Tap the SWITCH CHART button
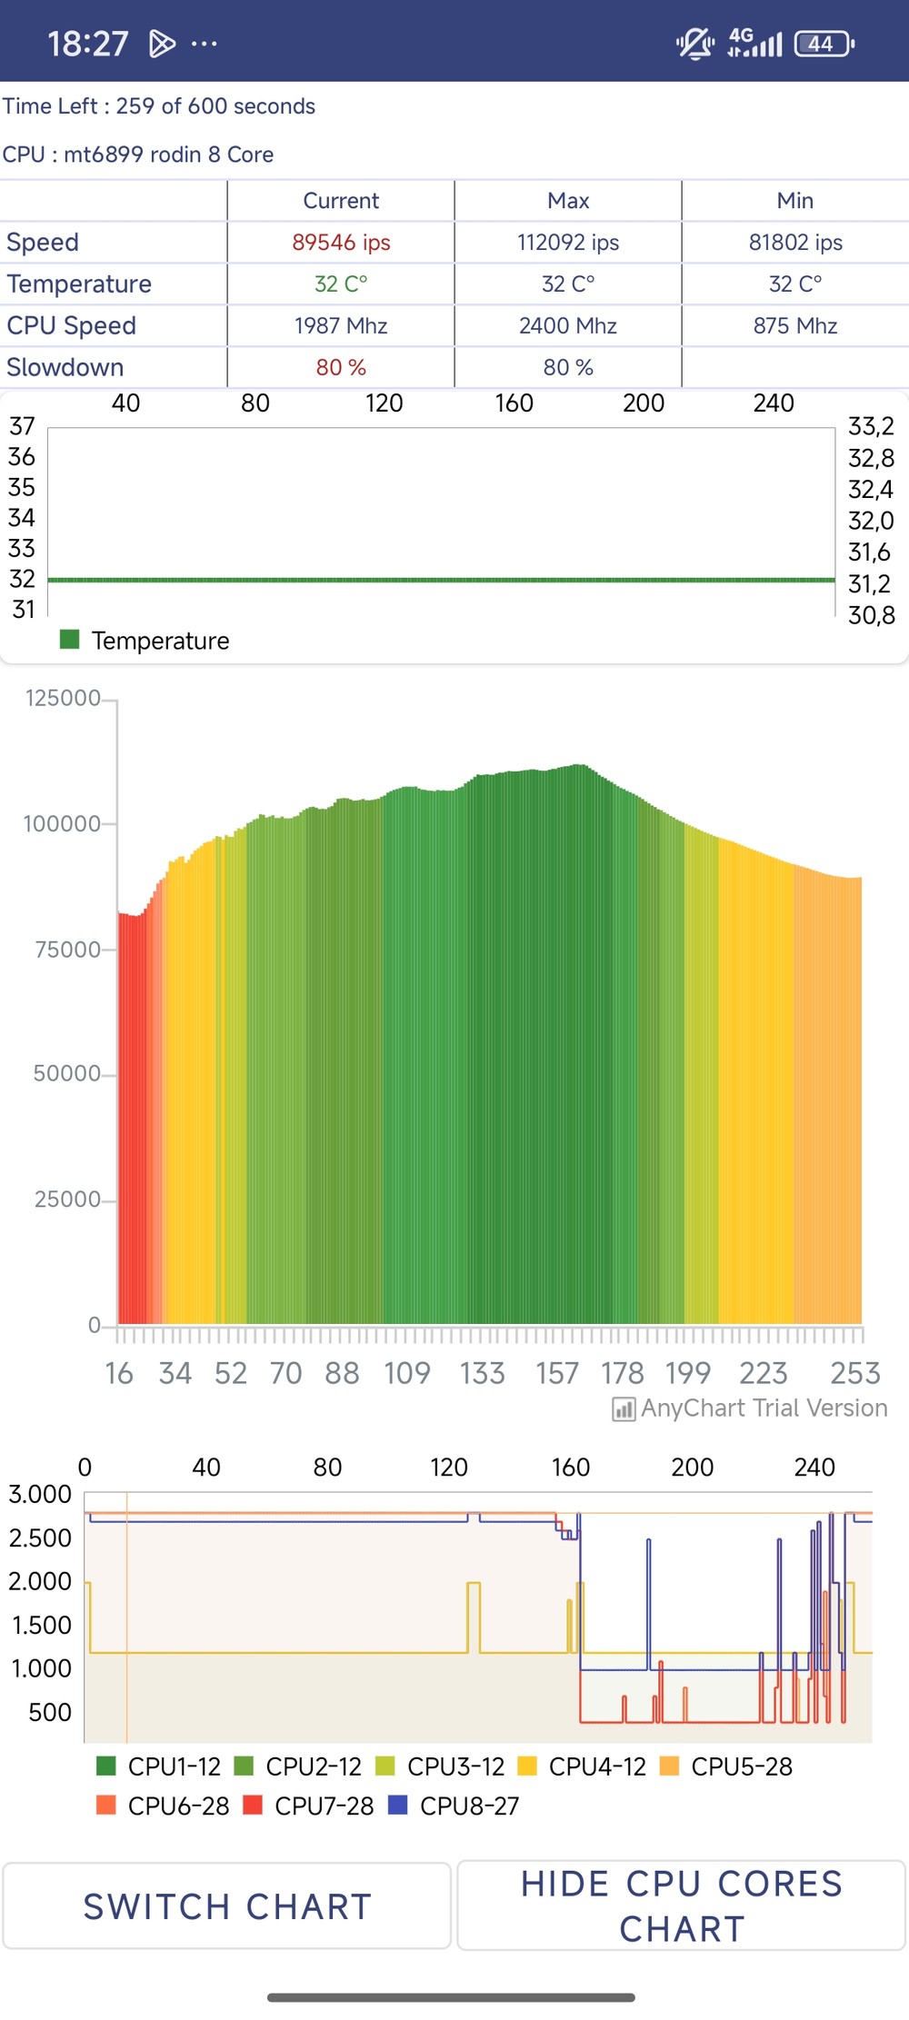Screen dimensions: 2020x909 [x=227, y=1906]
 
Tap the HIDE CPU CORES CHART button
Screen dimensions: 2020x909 [x=682, y=1906]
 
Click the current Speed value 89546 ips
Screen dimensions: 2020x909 [x=341, y=243]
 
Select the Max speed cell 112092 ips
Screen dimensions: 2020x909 [x=568, y=243]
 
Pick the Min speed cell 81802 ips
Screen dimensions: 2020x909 [x=795, y=243]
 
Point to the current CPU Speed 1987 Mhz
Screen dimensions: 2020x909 [x=341, y=326]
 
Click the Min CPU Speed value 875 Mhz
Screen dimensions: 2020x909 [x=795, y=326]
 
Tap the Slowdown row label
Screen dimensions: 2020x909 [x=65, y=368]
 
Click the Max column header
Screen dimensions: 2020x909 [x=568, y=201]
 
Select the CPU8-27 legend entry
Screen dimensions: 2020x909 [x=454, y=1806]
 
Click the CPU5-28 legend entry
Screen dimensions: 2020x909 [x=726, y=1766]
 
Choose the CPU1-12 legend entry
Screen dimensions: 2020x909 [x=159, y=1766]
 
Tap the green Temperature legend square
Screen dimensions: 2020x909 [x=69, y=640]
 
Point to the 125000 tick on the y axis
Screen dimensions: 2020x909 [x=63, y=699]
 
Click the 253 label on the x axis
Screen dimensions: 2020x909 [x=854, y=1373]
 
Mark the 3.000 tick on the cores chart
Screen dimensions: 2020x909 [x=40, y=1495]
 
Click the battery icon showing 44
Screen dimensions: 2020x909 [x=823, y=44]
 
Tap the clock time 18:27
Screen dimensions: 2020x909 [x=87, y=44]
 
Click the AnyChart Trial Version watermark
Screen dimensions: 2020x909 [x=751, y=1408]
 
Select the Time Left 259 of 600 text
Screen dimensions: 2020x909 [x=159, y=106]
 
